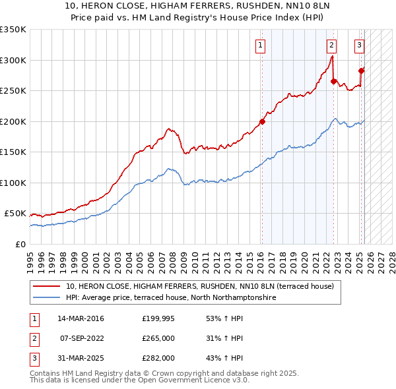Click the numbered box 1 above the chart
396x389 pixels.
click(261, 45)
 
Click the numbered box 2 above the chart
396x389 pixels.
click(331, 45)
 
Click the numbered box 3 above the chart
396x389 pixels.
click(358, 45)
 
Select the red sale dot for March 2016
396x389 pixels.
click(262, 121)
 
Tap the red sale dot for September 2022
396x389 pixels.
click(334, 82)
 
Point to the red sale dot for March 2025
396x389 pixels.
click(361, 71)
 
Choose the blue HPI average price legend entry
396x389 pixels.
click(171, 298)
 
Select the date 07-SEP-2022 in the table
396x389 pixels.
click(81, 338)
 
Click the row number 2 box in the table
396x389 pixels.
click(33, 338)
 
